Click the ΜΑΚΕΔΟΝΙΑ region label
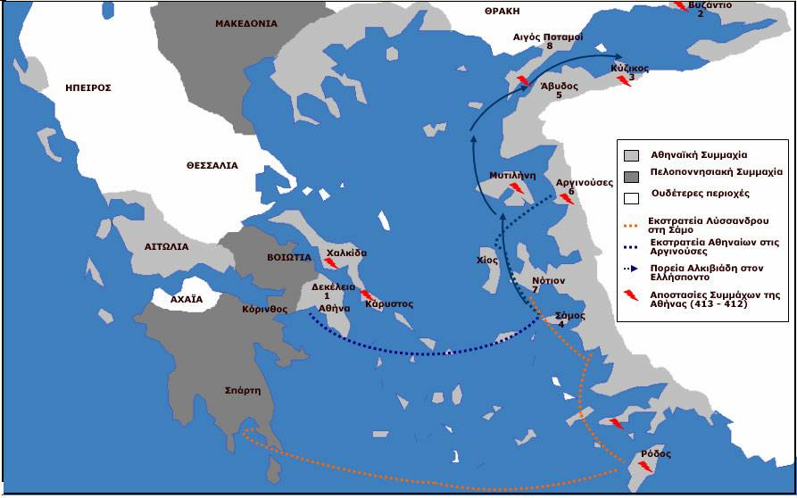click(245, 24)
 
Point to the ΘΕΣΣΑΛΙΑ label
click(212, 165)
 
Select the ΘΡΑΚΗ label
click(502, 11)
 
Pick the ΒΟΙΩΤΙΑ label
click(288, 256)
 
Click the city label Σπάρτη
click(243, 390)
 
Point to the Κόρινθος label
click(263, 310)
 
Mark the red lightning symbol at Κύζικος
click(625, 81)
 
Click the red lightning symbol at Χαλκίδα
click(330, 264)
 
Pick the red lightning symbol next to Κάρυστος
click(366, 295)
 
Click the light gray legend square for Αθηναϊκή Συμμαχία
click(631, 155)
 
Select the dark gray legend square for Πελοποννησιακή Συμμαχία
click(631, 174)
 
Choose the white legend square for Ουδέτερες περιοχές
click(631, 194)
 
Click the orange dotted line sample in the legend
click(635, 225)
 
